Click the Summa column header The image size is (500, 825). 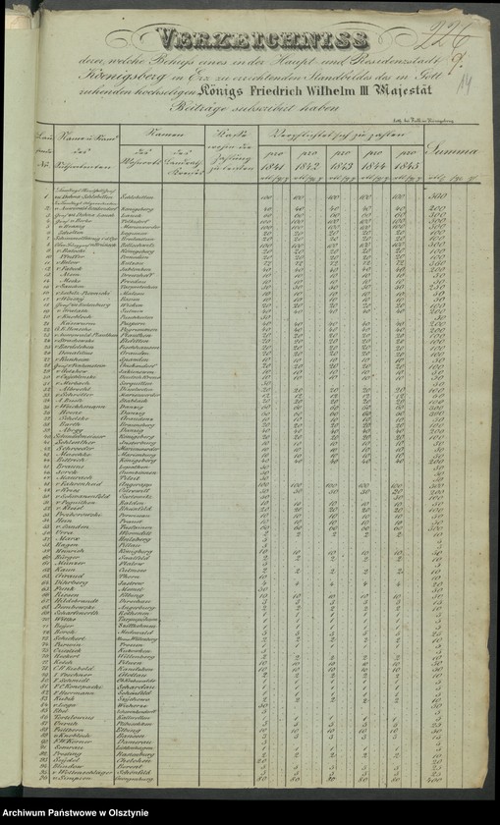[x=457, y=148]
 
